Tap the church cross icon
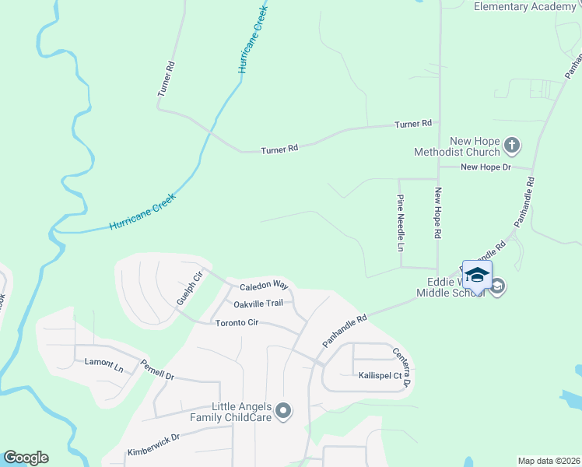pos(512,144)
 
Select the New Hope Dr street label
pos(484,167)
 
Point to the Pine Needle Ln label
pos(401,223)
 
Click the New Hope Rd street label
pos(438,213)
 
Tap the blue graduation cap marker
pos(477,274)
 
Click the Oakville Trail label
pos(257,304)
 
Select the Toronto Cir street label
pos(237,322)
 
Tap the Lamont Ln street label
pos(104,364)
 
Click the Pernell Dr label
pos(157,369)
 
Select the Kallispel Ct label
pos(380,375)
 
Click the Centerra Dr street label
pos(401,367)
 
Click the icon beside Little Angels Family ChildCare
pos(283,411)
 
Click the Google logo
pos(26,458)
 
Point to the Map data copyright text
pos(548,461)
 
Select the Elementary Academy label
pos(525,7)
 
